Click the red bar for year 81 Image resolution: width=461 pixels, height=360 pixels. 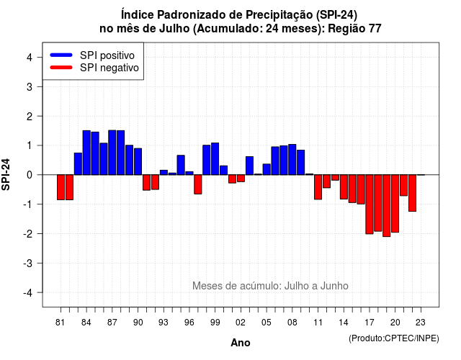[61, 187]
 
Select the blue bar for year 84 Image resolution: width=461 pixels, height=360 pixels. [86, 153]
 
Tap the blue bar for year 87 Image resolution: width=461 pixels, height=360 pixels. [112, 153]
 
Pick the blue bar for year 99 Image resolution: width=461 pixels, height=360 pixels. [215, 158]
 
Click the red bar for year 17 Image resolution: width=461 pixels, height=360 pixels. [370, 204]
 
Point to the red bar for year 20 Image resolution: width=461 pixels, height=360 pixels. [395, 204]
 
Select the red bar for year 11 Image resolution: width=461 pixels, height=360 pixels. [318, 187]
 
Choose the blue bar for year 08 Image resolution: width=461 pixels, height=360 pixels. [292, 160]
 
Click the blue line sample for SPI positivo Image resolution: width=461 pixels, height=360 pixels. [61, 55]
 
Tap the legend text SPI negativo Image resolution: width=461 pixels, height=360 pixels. [109, 68]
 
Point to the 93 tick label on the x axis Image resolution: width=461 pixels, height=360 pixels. [164, 323]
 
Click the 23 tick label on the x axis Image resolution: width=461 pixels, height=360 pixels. [421, 323]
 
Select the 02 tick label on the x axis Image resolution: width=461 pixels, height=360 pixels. [241, 323]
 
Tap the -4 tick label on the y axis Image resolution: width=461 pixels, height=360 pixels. [29, 293]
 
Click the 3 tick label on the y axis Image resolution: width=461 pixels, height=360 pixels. [30, 86]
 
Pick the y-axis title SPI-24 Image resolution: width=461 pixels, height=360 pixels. [6, 174]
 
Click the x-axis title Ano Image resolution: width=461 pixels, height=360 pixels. [241, 343]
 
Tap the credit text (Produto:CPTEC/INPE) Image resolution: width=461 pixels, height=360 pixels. [394, 338]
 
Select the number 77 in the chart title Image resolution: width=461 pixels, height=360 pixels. [374, 29]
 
